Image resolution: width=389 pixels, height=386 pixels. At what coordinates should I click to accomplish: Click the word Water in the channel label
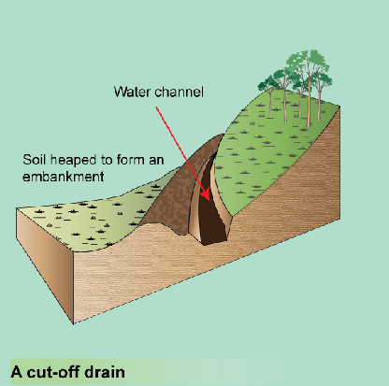click(x=133, y=92)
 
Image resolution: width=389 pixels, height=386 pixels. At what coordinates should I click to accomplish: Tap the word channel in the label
click(x=180, y=92)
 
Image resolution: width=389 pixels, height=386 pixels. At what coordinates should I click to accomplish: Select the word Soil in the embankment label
click(x=35, y=160)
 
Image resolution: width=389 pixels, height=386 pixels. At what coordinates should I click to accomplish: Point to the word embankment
click(x=64, y=177)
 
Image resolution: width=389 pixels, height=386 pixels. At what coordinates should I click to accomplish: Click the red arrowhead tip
click(x=209, y=200)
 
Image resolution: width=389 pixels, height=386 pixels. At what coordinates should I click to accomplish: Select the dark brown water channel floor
click(x=211, y=215)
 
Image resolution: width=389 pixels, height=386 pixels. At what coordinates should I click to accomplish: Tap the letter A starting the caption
click(x=17, y=372)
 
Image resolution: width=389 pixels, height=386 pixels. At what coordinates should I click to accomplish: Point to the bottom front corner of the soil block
click(x=74, y=324)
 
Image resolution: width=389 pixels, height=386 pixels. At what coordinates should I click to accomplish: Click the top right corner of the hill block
click(x=339, y=107)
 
